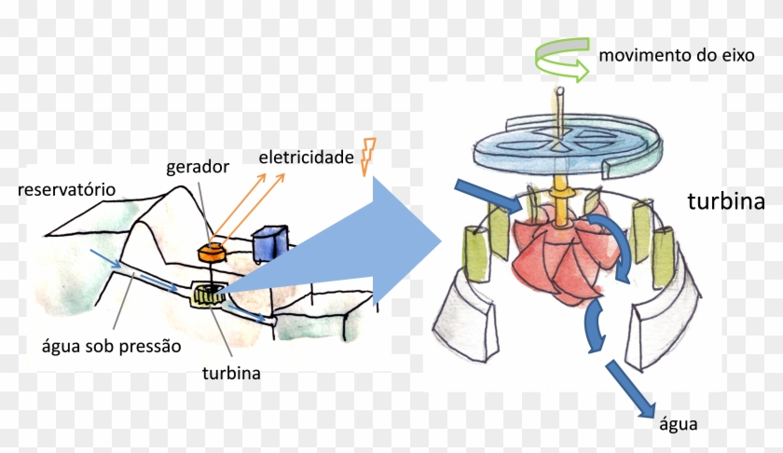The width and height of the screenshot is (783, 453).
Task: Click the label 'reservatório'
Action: tap(65, 190)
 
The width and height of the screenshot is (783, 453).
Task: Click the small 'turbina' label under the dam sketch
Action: tap(230, 375)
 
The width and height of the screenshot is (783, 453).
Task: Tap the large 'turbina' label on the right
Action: tap(726, 201)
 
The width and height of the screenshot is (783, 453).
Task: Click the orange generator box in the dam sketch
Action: tap(213, 250)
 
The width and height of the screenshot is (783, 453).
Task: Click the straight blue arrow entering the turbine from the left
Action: tap(484, 193)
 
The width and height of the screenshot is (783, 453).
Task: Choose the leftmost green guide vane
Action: tap(474, 245)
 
